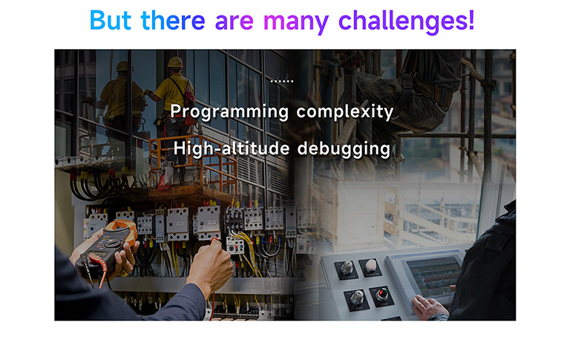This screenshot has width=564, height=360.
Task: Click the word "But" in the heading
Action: (x=110, y=20)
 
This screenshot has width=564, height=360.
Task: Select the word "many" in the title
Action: (x=295, y=22)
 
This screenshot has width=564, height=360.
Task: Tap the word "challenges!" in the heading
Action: (x=407, y=22)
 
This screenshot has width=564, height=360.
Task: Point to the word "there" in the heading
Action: (x=173, y=20)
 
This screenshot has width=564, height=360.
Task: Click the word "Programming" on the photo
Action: (x=229, y=112)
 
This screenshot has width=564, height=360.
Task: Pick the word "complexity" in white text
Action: (x=344, y=112)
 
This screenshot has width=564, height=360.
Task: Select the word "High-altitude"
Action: (x=232, y=148)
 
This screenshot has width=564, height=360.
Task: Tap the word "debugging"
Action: (x=344, y=149)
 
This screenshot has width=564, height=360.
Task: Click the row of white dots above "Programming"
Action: (x=282, y=82)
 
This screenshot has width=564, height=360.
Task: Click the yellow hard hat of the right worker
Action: (x=175, y=62)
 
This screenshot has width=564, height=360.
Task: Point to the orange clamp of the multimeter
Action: (x=122, y=226)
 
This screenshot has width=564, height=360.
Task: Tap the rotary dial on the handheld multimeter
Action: (x=113, y=244)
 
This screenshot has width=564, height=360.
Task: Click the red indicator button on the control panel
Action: (x=381, y=294)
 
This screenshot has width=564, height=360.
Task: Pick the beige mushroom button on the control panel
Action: (x=370, y=266)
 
